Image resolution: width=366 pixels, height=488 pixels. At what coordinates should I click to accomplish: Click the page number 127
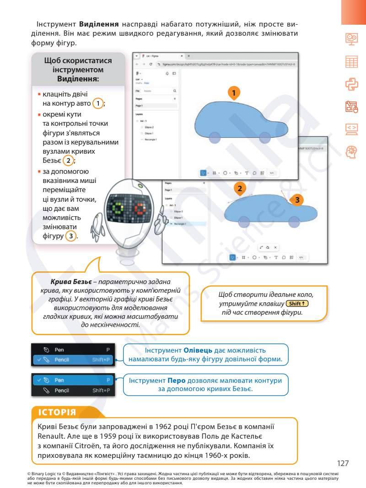[x=343, y=463]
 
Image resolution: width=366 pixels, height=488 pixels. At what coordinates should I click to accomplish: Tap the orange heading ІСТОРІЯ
[x=57, y=412]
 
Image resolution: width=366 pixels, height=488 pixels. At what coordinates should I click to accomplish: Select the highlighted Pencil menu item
[x=72, y=359]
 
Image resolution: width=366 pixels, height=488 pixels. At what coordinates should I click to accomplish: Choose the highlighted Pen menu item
[x=72, y=380]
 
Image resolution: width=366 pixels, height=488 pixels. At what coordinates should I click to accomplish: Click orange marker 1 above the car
[x=234, y=93]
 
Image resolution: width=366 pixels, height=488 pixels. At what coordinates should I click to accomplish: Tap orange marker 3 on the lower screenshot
[x=296, y=200]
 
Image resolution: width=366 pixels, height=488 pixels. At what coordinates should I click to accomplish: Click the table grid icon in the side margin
[x=351, y=62]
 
